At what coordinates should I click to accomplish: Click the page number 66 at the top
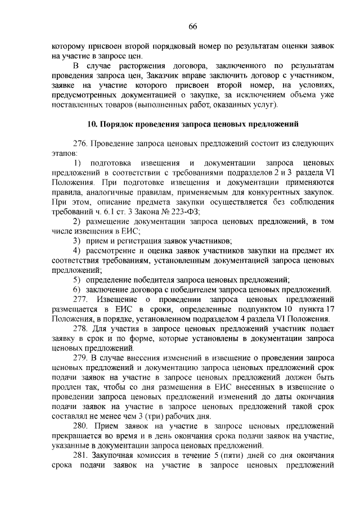pos(192,26)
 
